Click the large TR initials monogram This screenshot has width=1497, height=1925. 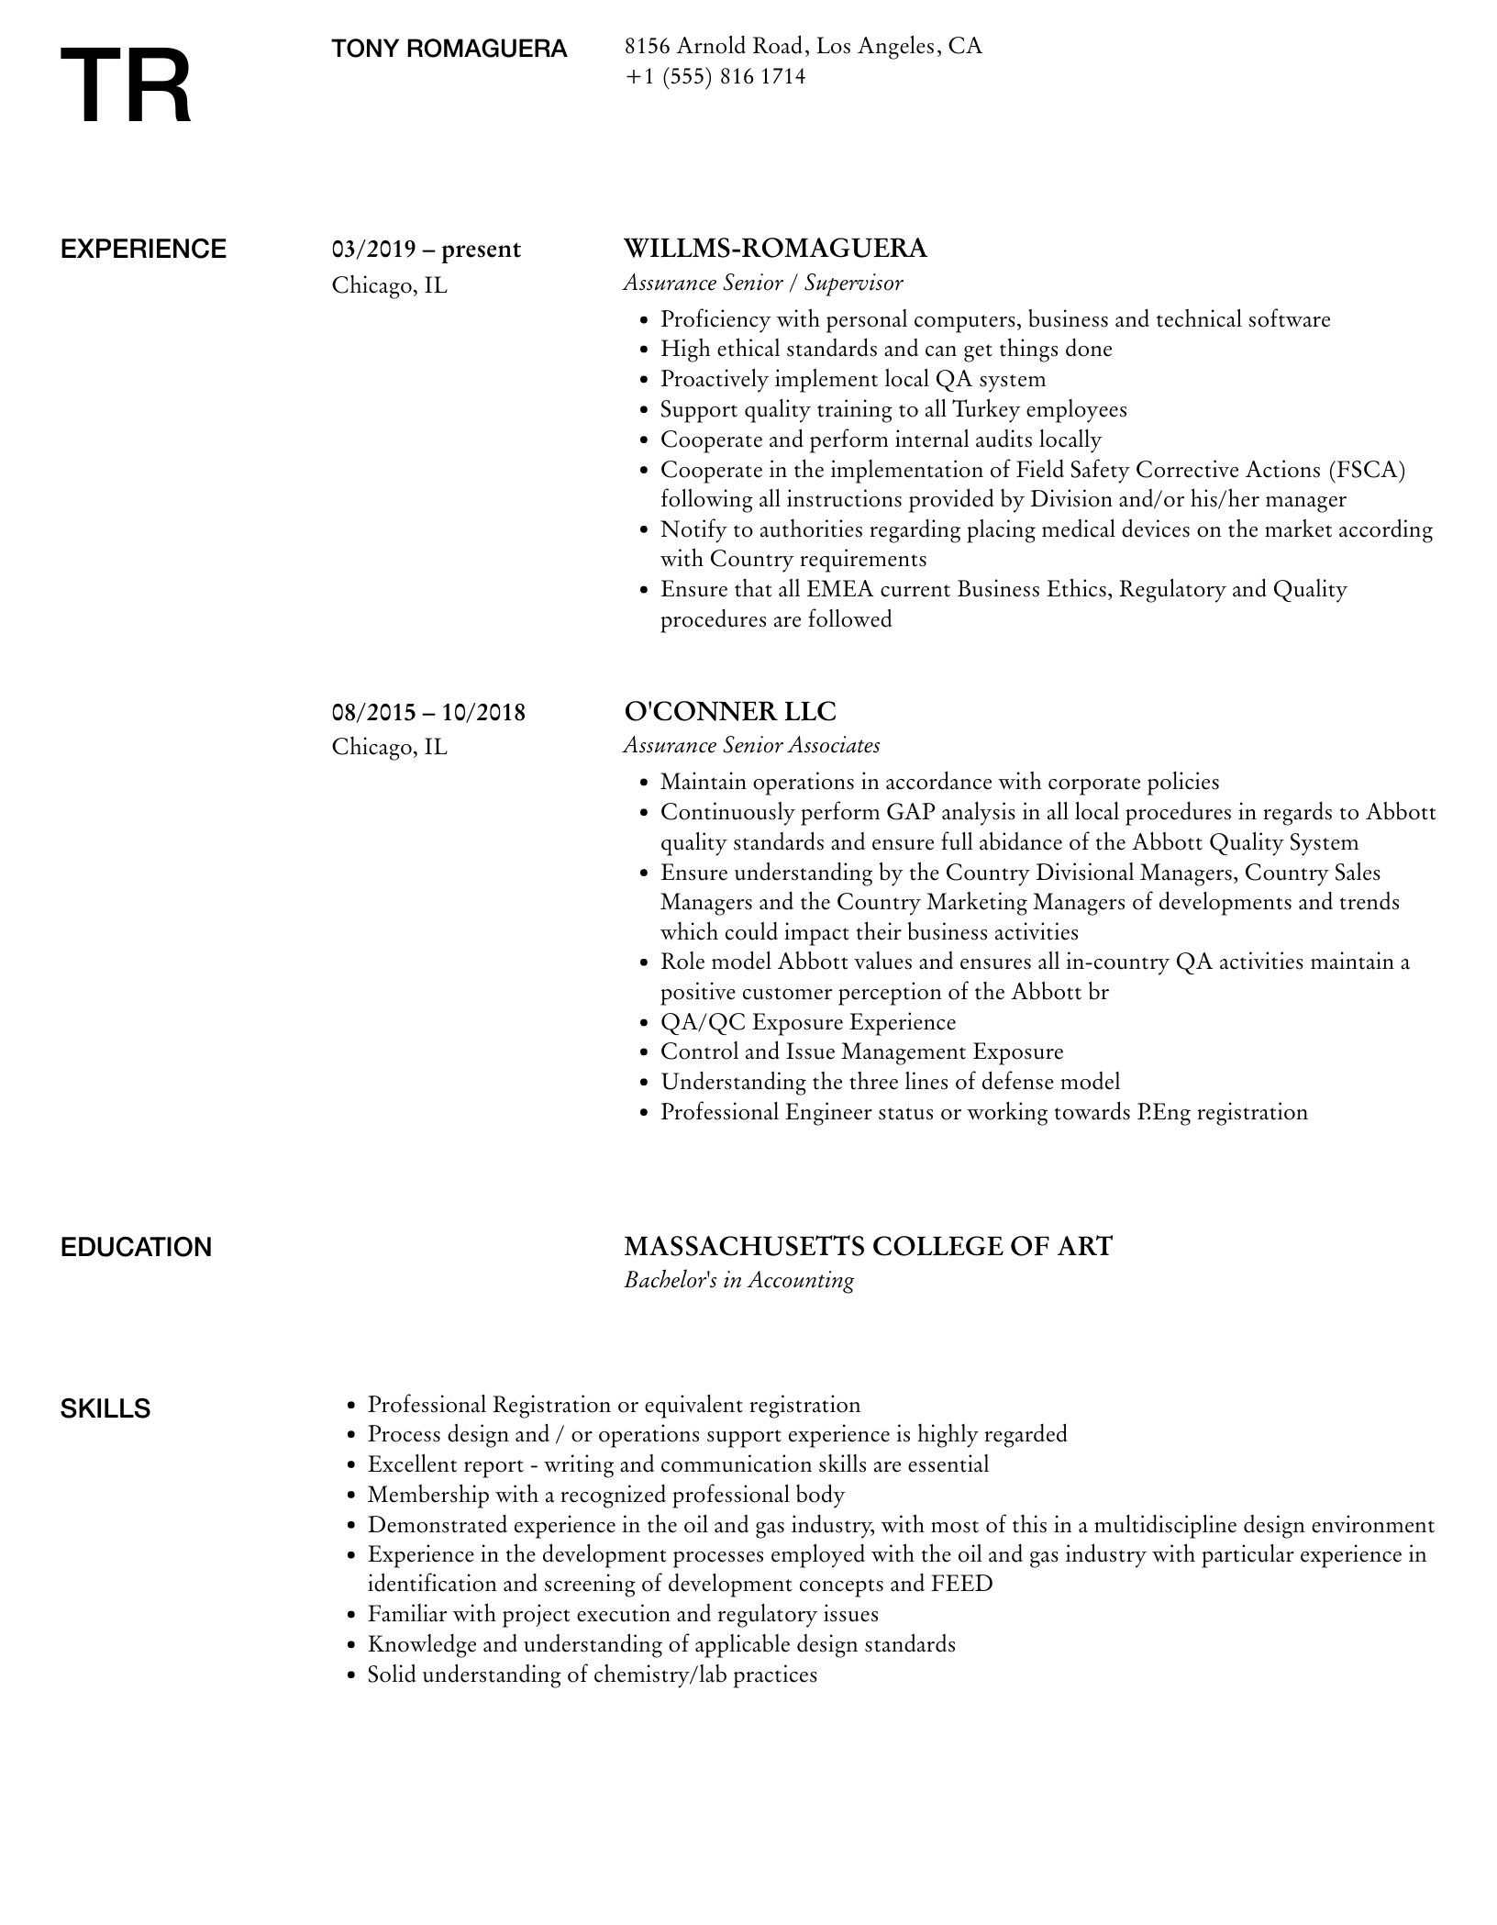coord(126,87)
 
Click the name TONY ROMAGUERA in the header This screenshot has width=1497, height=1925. coord(449,49)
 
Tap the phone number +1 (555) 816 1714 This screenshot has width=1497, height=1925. coord(715,77)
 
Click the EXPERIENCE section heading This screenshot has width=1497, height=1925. coord(143,250)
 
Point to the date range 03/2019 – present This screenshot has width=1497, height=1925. coord(426,250)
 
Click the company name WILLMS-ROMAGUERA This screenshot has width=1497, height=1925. coord(775,249)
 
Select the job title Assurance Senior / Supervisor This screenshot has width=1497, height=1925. coord(763,284)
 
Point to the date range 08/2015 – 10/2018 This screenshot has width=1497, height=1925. coord(428,712)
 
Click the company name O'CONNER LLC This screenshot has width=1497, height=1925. coord(730,712)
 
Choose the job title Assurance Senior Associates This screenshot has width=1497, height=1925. coord(751,746)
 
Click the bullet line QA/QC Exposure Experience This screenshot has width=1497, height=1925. coord(807,1022)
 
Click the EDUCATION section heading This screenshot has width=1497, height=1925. coord(136,1248)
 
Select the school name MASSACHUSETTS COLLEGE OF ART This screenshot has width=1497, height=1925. coord(868,1247)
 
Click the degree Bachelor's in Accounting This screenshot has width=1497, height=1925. coord(738,1281)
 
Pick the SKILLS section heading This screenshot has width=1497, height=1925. coord(105,1409)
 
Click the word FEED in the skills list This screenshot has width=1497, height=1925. coord(961,1584)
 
